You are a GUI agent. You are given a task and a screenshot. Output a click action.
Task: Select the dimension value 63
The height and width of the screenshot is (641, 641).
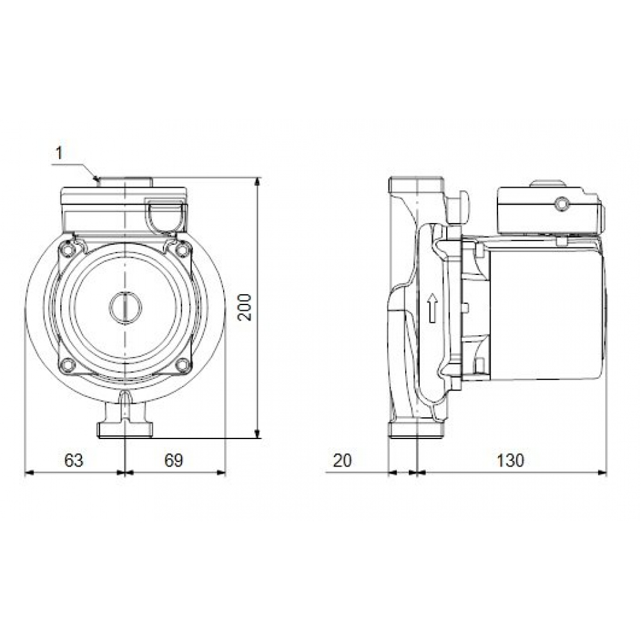point(74,460)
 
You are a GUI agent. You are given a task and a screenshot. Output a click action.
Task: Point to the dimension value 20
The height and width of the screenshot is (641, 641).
point(344,460)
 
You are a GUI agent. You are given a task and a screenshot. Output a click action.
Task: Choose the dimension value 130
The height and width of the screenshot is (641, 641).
point(510,460)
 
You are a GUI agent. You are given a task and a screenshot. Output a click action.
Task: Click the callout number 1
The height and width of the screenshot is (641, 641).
point(59,153)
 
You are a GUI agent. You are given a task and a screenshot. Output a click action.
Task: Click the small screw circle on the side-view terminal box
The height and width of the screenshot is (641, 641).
point(562,204)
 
